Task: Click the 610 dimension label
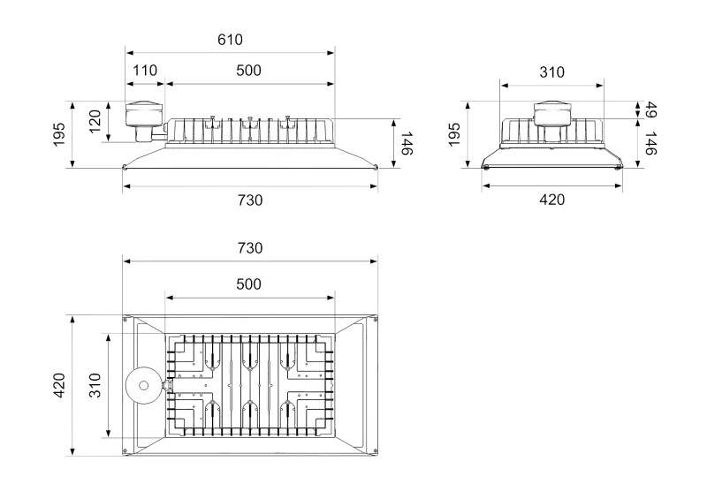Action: point(230,40)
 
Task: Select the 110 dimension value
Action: point(145,71)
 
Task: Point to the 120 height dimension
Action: point(95,121)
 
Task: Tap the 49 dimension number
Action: point(650,110)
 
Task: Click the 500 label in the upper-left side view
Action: point(248,71)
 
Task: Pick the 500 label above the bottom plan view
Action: point(248,284)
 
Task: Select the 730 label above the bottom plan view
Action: point(250,248)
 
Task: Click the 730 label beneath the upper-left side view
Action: point(250,200)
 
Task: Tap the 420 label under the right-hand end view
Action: point(551,200)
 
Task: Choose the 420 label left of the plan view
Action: point(59,385)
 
